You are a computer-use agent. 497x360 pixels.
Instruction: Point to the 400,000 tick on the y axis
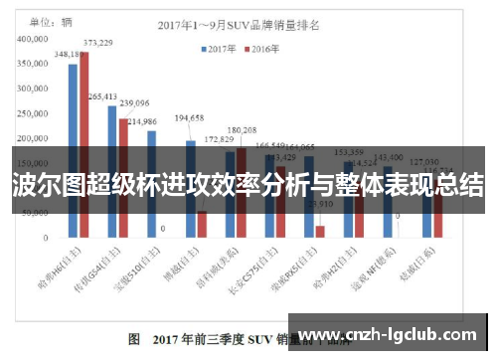pos(37,39)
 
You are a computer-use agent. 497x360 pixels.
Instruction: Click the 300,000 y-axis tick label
pos(37,90)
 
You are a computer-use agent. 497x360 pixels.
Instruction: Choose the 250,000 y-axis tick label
pos(37,114)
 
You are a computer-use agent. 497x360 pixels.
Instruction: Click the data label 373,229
pos(96,43)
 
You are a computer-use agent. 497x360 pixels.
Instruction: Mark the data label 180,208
pos(242,130)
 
